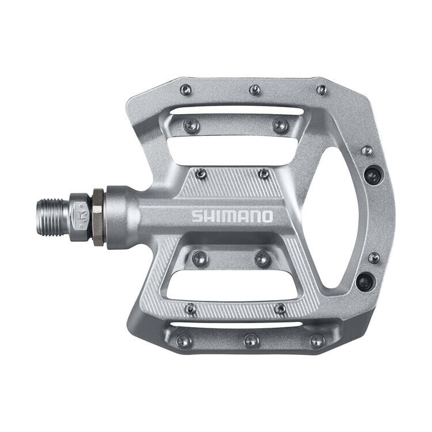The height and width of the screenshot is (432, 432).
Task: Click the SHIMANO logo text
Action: [232, 217]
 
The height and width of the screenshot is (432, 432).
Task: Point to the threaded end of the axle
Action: [53, 217]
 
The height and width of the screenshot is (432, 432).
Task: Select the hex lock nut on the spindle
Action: [98, 217]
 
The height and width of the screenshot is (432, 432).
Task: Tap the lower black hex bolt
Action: [364, 282]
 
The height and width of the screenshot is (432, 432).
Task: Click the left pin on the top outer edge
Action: [185, 90]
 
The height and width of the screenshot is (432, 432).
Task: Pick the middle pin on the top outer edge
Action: [255, 90]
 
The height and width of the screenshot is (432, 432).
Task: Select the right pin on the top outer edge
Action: [321, 90]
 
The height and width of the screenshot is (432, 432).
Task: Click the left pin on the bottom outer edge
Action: [184, 340]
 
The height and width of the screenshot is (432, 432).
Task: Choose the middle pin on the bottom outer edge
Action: [251, 340]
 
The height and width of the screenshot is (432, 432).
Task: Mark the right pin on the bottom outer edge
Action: [317, 340]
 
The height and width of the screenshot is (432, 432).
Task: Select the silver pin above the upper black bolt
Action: [366, 151]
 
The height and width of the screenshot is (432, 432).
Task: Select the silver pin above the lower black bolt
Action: [373, 257]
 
